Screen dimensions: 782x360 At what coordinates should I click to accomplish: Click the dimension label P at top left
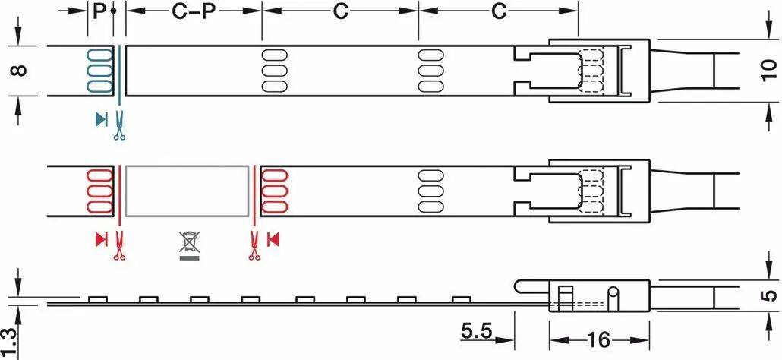coord(99,11)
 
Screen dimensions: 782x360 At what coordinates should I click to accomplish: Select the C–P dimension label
coord(193,11)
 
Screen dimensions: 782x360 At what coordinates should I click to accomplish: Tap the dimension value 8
coord(18,71)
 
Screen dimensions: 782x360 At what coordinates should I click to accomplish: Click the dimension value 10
coord(769,69)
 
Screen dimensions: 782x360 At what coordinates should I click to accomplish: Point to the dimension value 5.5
coord(476,331)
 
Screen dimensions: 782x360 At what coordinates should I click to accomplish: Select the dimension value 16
coord(598,340)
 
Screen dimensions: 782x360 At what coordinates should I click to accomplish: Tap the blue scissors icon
coord(119,125)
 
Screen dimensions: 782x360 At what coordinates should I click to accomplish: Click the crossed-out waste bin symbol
coord(189,245)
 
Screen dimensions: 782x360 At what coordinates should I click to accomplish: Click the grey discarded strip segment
coord(187,191)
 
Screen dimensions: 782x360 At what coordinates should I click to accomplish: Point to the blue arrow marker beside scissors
coord(102,119)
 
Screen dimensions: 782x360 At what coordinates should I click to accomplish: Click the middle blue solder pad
coord(99,70)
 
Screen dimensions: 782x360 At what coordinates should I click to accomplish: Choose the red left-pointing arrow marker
coord(273,239)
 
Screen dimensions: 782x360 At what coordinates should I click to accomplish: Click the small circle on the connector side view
coord(613,292)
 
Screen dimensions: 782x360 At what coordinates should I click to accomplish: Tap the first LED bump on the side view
coord(98,300)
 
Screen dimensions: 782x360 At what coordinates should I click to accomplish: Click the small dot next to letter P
coord(114,11)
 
